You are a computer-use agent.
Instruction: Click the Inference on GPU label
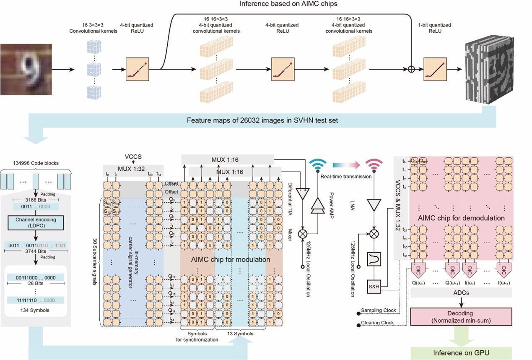point(461,352)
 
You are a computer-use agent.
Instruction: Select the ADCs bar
point(461,293)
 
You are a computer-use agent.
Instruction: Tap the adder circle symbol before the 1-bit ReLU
point(411,69)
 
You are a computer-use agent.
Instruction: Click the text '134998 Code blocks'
point(36,163)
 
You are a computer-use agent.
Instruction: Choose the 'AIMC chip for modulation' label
point(231,259)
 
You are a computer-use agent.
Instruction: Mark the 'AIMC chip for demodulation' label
point(461,218)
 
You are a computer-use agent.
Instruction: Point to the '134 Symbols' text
point(35,310)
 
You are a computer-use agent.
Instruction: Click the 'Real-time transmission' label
point(345,176)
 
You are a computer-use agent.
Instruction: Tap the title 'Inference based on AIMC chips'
point(288,4)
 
